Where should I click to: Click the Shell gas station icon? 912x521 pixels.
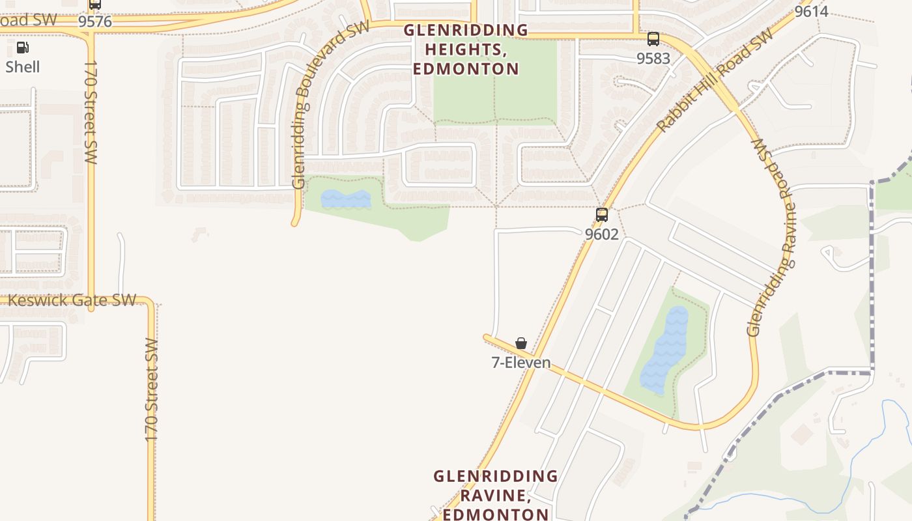tap(22, 47)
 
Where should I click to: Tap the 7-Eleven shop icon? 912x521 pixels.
tap(521, 343)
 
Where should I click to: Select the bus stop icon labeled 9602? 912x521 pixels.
tap(602, 215)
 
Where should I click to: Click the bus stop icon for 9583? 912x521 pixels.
tap(653, 39)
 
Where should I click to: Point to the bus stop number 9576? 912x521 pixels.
tap(95, 21)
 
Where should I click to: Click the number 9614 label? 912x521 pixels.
tap(811, 11)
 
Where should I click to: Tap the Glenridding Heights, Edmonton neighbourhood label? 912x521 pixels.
tap(466, 49)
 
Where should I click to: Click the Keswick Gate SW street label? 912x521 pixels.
tap(72, 300)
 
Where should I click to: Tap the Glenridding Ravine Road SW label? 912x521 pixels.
tap(773, 238)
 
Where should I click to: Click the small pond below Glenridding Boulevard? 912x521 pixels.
tap(345, 199)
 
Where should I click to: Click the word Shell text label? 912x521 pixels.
tap(23, 67)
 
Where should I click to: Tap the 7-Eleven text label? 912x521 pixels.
tap(520, 363)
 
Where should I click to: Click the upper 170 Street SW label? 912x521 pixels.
tap(91, 112)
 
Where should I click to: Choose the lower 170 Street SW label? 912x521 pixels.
tap(151, 391)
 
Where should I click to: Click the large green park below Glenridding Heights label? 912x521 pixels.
tap(495, 85)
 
